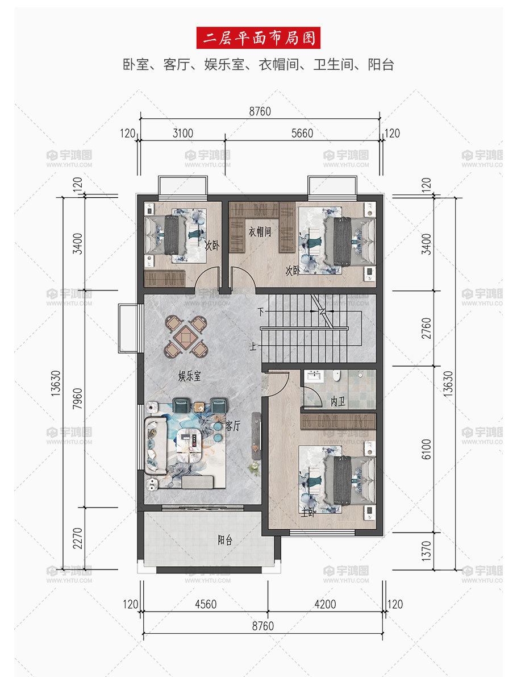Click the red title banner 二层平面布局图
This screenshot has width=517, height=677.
tap(258, 38)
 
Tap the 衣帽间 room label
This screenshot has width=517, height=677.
tap(260, 232)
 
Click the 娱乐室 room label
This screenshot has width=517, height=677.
tap(189, 376)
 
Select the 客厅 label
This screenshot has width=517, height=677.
tap(233, 426)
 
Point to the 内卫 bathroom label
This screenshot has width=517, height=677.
tap(338, 401)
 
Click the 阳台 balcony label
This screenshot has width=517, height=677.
tap(225, 539)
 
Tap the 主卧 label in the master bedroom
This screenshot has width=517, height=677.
tap(308, 513)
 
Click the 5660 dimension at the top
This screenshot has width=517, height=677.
tap(302, 133)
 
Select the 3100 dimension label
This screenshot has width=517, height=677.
tap(183, 133)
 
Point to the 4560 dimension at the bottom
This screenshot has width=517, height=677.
tap(206, 604)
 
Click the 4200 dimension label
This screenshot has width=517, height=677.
tap(325, 604)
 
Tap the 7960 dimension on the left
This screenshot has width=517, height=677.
tap(77, 398)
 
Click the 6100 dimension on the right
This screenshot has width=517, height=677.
tap(426, 449)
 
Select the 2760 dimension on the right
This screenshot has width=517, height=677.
tap(426, 328)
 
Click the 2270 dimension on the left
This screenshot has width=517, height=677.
tap(77, 538)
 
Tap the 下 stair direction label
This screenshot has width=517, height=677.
tap(261, 311)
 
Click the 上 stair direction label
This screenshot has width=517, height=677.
tap(253, 346)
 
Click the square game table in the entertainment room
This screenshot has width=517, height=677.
tap(186, 337)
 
